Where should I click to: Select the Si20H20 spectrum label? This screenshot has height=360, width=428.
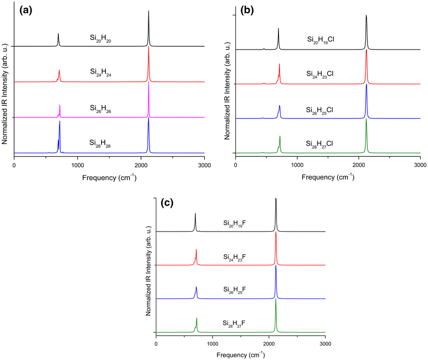99,38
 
